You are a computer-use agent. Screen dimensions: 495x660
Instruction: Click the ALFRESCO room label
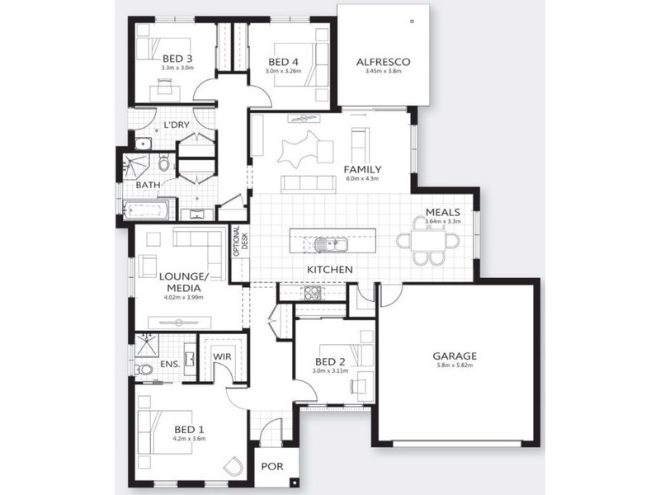tap(383, 62)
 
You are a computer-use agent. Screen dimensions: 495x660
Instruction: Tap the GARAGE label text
tap(455, 356)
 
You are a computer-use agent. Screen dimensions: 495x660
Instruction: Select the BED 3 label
tap(177, 58)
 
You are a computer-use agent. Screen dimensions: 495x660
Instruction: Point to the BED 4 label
tap(284, 62)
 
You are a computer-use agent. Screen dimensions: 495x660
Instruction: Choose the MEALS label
tap(442, 212)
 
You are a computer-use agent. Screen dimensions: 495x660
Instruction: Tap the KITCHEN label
tap(330, 270)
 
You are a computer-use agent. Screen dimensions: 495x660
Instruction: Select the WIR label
tap(221, 356)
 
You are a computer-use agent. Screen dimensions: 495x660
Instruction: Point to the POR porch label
tap(271, 467)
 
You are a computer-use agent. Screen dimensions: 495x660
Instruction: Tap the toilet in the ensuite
tap(144, 369)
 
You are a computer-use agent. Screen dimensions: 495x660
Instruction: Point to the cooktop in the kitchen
tap(312, 293)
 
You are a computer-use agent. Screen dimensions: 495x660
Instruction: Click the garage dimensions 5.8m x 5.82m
tap(455, 366)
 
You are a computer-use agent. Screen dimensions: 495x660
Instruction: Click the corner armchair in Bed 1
tap(234, 468)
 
